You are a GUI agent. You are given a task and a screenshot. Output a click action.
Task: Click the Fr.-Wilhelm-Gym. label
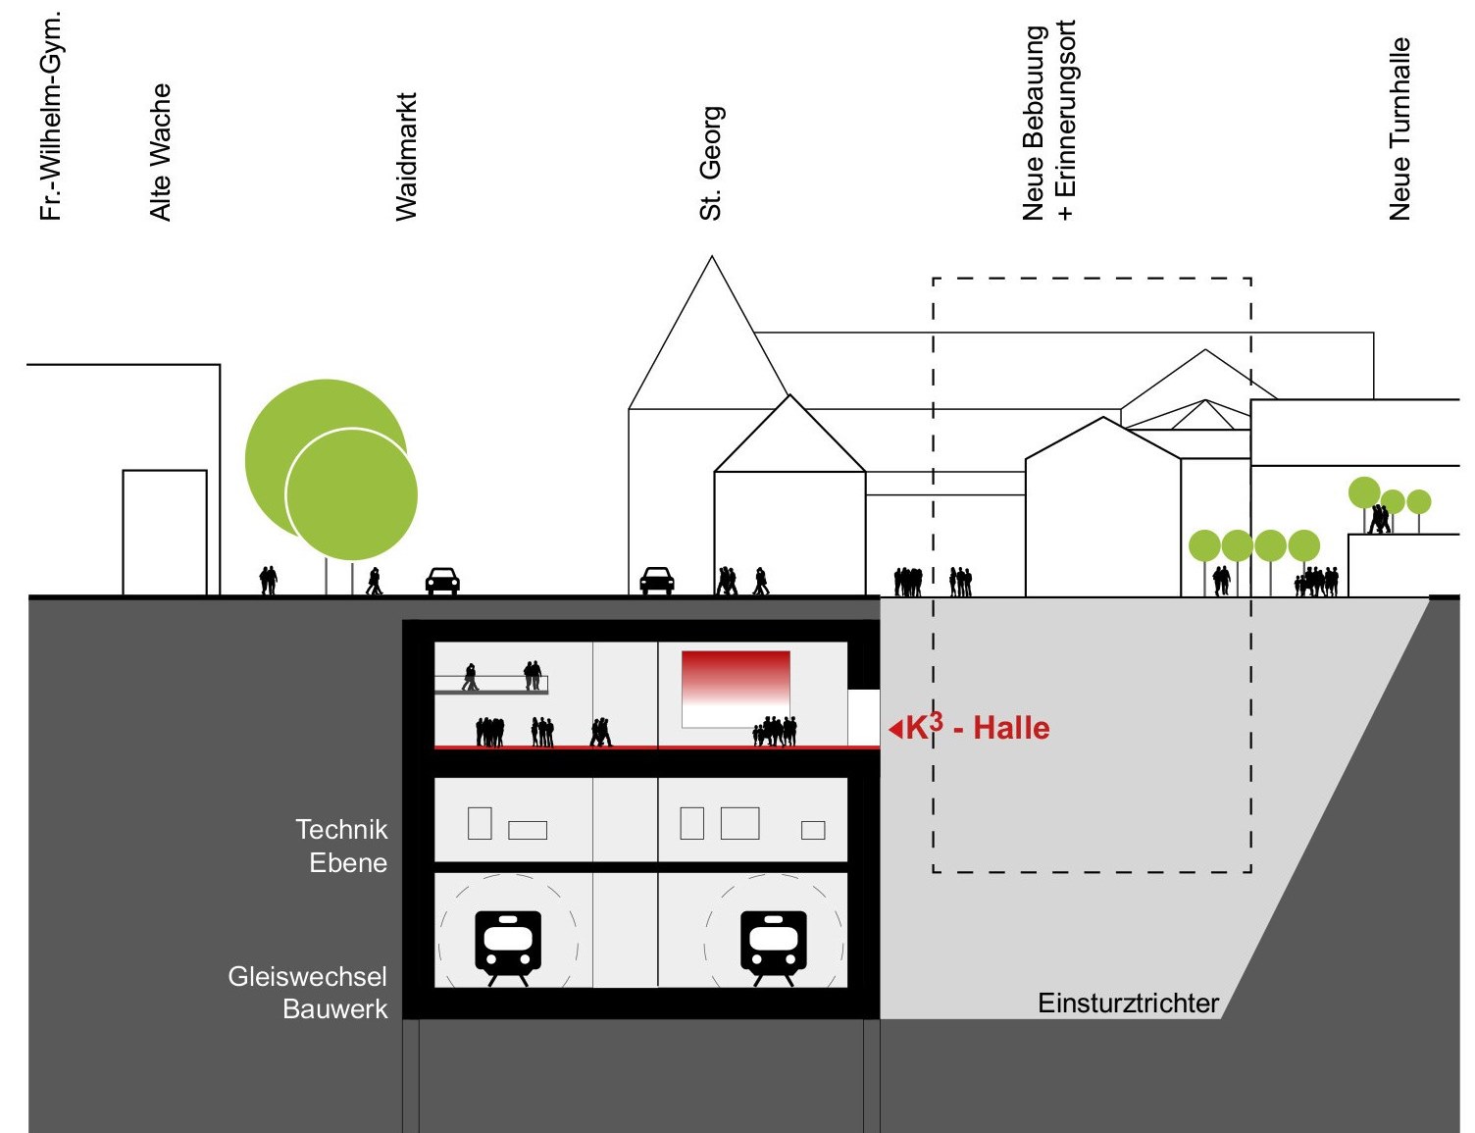coord(51,116)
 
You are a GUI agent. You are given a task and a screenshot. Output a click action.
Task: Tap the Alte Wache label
coord(160,152)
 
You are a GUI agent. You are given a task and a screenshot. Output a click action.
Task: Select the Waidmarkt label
coord(406,157)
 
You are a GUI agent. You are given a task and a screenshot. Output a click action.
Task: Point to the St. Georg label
coord(711,163)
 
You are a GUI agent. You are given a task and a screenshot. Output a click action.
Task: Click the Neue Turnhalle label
coord(1399,129)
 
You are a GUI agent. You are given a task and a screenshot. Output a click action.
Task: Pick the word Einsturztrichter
coord(1128,1004)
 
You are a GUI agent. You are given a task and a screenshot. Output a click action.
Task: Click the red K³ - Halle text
coord(978,728)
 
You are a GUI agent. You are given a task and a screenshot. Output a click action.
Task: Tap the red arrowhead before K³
coord(895,730)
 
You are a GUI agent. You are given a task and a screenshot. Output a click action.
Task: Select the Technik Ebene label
coord(341,846)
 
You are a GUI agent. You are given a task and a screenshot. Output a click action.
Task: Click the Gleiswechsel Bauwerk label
coord(308,993)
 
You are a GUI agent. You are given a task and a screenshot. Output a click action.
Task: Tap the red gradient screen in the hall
coord(736,689)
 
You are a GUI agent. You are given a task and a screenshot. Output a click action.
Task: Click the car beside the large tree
coord(442,581)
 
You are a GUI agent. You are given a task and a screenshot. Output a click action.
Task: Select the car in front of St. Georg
coord(657,581)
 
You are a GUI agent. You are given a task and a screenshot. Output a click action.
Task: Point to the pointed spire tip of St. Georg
coord(711,256)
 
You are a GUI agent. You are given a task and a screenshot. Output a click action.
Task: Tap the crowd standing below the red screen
coord(775,731)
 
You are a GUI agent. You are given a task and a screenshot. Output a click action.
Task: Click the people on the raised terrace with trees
coord(1379,519)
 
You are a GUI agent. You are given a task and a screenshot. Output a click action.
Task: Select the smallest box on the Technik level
coord(813,830)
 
